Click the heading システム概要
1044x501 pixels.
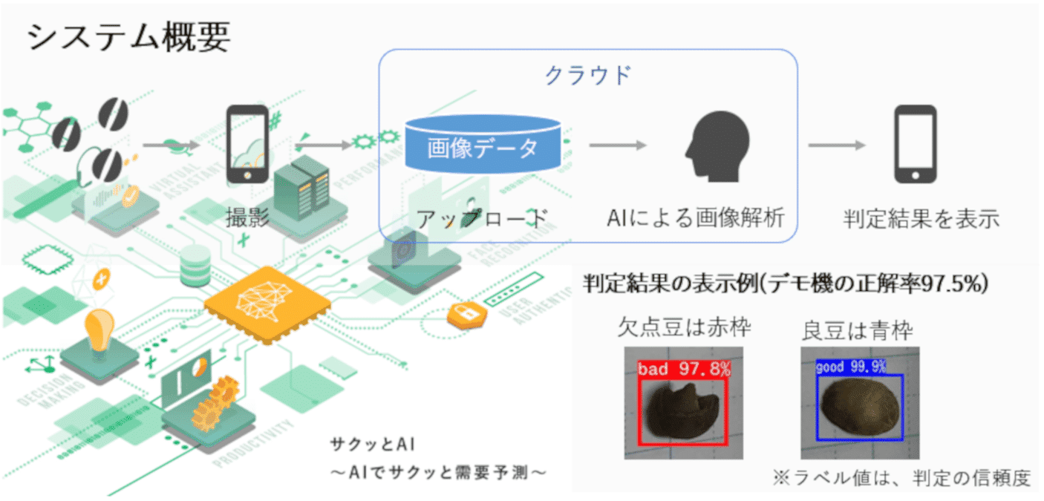point(128,36)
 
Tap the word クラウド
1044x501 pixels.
point(588,74)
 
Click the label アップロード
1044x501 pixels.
point(481,219)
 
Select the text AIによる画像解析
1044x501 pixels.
point(696,218)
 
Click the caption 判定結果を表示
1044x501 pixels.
point(921,219)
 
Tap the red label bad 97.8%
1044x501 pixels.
point(684,370)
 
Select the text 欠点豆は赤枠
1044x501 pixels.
point(685,328)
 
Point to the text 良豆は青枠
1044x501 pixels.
point(858,330)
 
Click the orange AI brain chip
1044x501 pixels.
point(267,304)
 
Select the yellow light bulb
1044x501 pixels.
point(99,331)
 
